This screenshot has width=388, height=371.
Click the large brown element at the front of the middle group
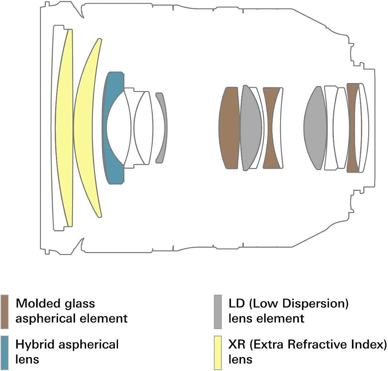tap(229, 128)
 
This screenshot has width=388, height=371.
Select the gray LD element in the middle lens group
tap(250, 128)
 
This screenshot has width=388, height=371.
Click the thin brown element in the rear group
tap(351, 128)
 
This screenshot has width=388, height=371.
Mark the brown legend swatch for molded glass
tap(4, 312)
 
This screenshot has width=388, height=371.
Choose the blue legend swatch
tap(4, 353)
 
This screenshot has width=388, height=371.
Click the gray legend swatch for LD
tap(218, 312)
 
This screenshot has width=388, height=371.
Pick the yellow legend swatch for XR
tap(218, 353)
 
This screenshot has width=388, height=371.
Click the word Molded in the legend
tap(38, 303)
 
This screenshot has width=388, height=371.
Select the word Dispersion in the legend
tap(321, 304)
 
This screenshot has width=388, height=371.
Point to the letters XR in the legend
tap(237, 345)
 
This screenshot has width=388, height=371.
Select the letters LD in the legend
tap(237, 303)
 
